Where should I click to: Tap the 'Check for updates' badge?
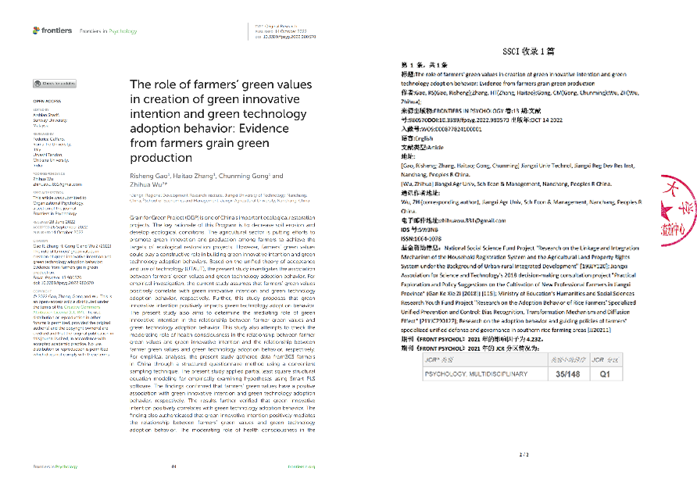54,82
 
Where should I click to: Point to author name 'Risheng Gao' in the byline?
151,176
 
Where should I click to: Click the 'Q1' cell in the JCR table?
597,374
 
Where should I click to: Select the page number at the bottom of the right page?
523,454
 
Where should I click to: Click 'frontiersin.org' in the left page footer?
300,466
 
